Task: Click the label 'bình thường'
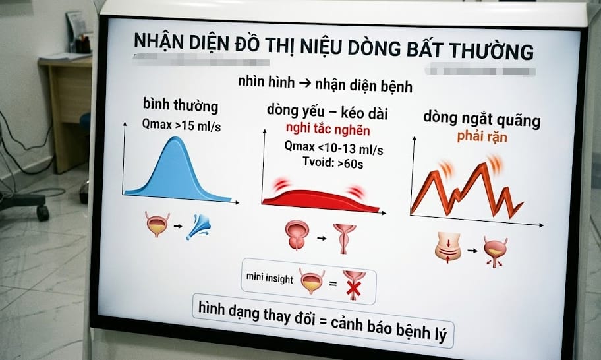pyautogui.click(x=180, y=105)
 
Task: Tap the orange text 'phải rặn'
pyautogui.click(x=484, y=137)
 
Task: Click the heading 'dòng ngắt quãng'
pyautogui.click(x=481, y=121)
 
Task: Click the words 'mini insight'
pyautogui.click(x=270, y=279)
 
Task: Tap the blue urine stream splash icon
pyautogui.click(x=199, y=226)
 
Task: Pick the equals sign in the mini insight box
pyautogui.click(x=332, y=284)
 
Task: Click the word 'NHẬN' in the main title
pyautogui.click(x=159, y=42)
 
